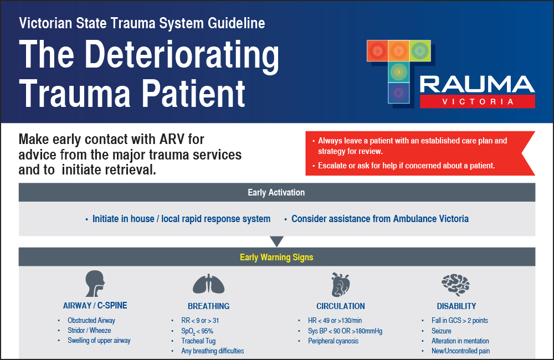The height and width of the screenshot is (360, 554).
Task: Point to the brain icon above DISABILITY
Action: pos(455,284)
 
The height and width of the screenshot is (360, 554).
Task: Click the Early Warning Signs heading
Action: pos(276,258)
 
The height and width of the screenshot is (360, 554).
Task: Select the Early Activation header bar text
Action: pos(276,193)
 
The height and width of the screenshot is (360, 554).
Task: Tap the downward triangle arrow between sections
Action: pos(276,241)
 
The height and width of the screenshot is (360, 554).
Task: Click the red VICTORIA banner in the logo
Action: pos(477,102)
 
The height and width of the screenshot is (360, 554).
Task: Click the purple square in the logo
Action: pos(398,92)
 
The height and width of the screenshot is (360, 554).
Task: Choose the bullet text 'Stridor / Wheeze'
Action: pos(89,331)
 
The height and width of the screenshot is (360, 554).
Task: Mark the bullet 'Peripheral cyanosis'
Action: pos(333,341)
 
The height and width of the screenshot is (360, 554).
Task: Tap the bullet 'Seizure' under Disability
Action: pos(442,331)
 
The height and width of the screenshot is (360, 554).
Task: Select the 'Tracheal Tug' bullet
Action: pos(199,341)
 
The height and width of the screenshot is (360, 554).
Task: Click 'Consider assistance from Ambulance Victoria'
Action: pos(380,219)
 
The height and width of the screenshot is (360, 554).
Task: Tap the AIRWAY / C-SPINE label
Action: pos(95,306)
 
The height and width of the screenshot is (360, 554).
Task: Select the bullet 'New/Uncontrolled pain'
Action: pos(460,351)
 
